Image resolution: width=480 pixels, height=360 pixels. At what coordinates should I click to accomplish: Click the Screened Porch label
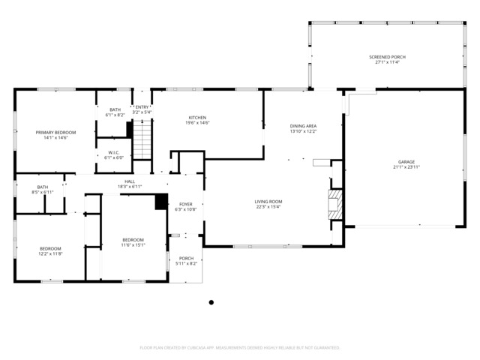[x=388, y=57]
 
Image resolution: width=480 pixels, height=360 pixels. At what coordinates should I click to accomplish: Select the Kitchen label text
[x=197, y=118]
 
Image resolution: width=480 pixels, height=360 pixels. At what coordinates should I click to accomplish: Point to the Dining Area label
[x=303, y=126]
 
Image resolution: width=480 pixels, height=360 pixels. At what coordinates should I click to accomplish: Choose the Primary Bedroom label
[x=56, y=132]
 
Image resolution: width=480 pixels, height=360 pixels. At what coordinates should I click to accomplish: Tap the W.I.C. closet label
[x=114, y=152]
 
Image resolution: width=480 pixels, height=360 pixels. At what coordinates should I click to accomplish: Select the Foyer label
[x=185, y=204]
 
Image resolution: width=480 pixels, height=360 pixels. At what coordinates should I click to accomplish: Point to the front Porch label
[x=185, y=258]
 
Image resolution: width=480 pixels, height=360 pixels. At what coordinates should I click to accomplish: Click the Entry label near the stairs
[x=142, y=107]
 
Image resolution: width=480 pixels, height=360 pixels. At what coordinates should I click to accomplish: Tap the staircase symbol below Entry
[x=142, y=138]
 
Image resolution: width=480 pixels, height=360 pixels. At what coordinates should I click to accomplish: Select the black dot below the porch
[x=211, y=302]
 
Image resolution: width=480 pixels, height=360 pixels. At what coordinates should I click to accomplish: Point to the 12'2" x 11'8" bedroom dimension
[x=51, y=254]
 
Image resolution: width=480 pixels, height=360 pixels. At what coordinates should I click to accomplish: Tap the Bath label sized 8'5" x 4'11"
[x=43, y=187]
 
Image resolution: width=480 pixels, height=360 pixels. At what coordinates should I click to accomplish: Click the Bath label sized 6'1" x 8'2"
[x=115, y=110]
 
